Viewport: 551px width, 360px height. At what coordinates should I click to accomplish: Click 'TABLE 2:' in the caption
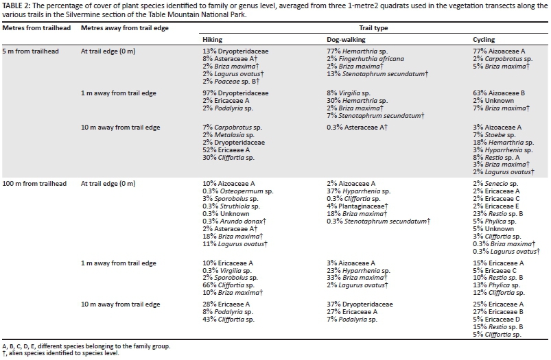pyautogui.click(x=16, y=5)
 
